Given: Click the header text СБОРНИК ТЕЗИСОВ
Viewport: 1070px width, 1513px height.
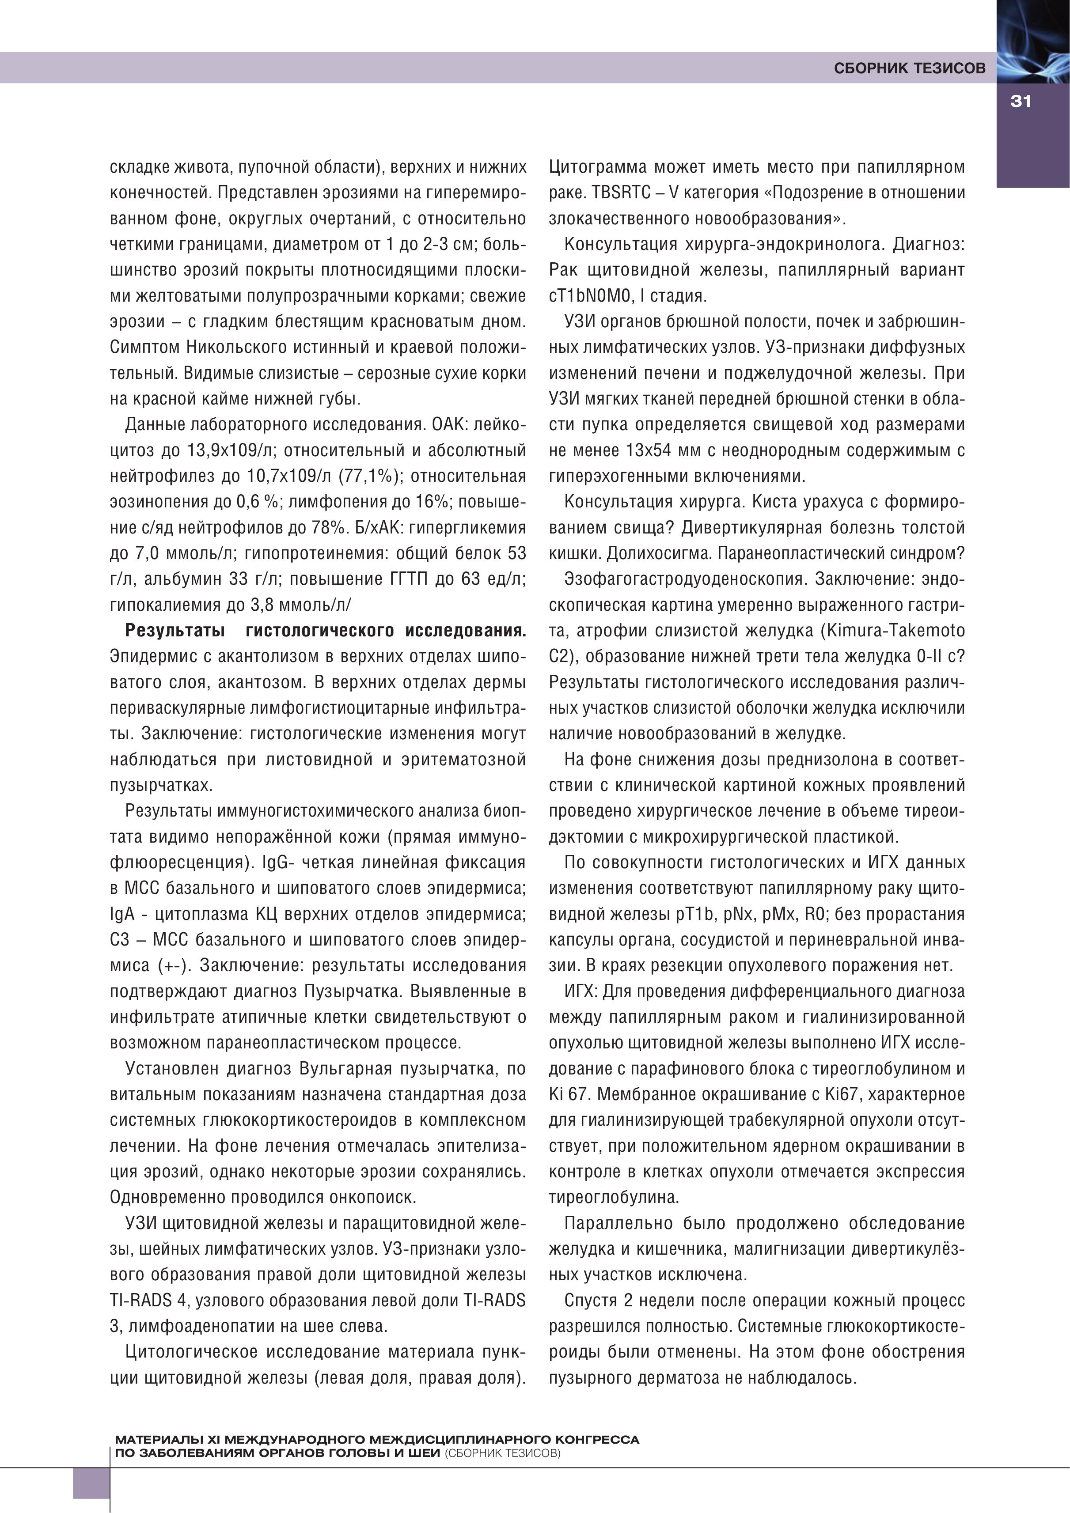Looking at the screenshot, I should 909,68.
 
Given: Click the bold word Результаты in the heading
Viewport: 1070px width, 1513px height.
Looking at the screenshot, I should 175,631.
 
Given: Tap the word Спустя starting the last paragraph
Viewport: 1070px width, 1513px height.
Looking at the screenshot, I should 590,1301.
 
